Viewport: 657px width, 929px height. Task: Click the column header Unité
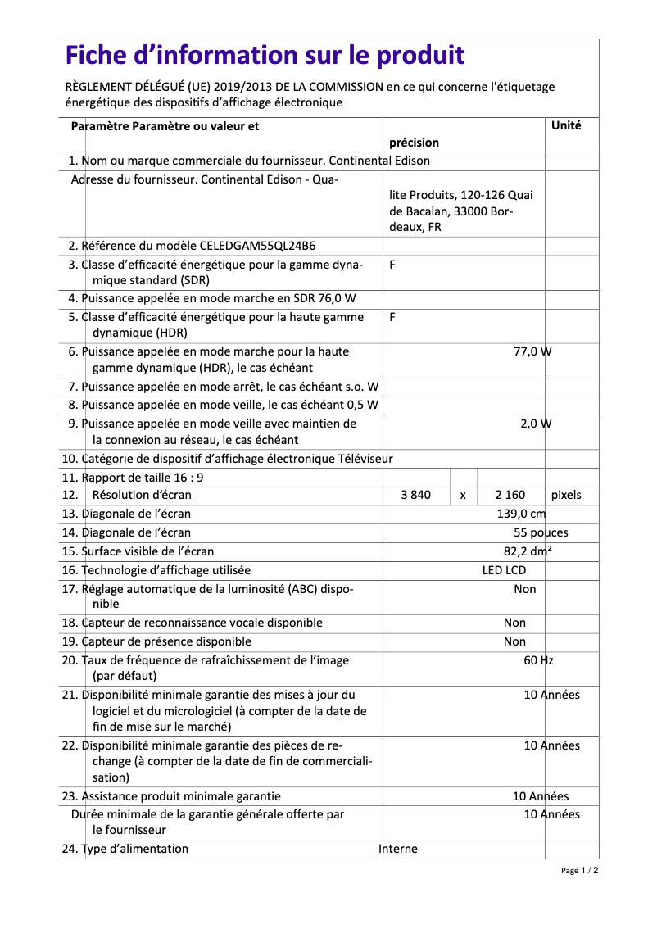point(566,125)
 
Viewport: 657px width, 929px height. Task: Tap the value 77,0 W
point(532,351)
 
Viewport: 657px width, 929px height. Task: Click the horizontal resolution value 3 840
point(416,495)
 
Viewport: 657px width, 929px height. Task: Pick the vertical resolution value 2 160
point(510,495)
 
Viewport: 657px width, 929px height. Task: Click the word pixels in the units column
point(566,495)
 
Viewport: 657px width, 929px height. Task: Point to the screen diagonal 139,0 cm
point(521,514)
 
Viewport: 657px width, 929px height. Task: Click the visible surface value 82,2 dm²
point(528,551)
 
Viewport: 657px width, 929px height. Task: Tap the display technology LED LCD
point(504,570)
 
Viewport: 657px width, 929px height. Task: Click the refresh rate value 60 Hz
point(538,660)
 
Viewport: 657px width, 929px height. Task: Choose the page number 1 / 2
point(579,871)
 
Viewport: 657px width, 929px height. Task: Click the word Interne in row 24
point(398,849)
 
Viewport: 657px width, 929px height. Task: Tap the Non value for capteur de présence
point(514,641)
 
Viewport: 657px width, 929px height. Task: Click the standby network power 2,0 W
point(536,424)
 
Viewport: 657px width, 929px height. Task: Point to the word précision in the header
point(414,143)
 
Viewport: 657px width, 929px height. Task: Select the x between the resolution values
point(463,496)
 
